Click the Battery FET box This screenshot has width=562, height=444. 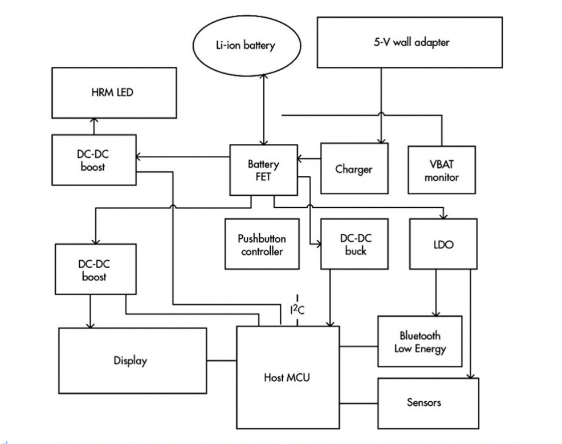263,170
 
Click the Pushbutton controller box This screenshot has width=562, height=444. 262,244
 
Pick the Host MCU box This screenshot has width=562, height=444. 287,377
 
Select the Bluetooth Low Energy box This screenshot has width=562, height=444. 420,341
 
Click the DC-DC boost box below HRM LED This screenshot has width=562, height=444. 94,160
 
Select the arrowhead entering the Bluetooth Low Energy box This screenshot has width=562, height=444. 437,312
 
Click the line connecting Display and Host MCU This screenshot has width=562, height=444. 222,360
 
